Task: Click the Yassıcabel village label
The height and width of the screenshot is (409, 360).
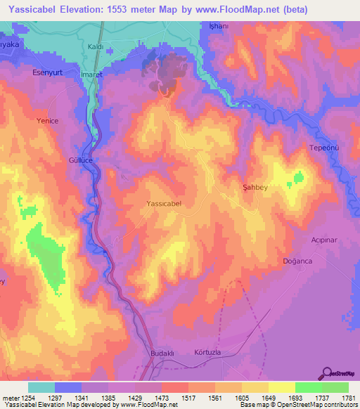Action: click(x=164, y=203)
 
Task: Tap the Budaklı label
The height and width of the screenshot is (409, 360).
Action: click(x=162, y=352)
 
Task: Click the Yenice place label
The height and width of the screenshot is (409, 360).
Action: click(x=47, y=121)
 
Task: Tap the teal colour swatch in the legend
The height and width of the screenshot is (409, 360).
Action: click(x=41, y=387)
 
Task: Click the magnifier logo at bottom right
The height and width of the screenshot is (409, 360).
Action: click(x=326, y=373)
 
